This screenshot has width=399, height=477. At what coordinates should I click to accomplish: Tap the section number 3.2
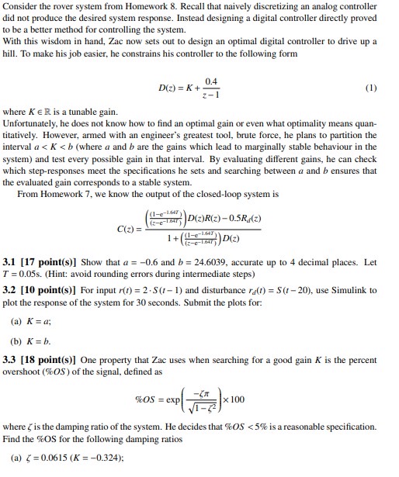(14, 289)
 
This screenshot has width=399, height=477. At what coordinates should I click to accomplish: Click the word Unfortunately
(33, 123)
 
